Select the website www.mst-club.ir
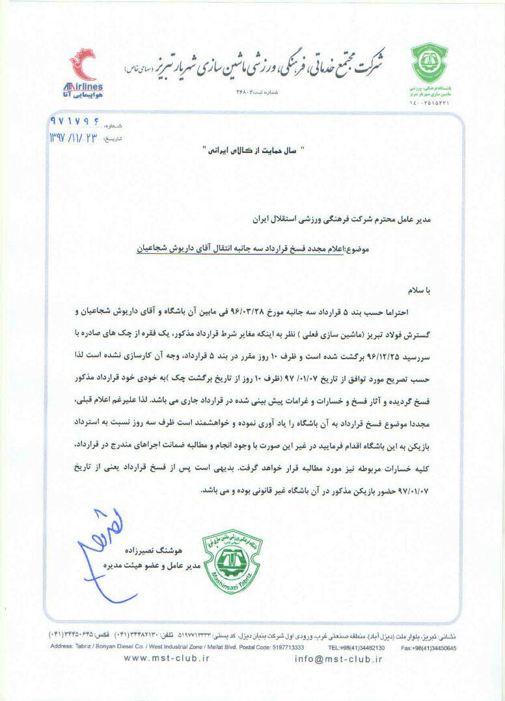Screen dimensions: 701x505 click(167, 659)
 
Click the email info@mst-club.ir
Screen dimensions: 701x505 click(338, 659)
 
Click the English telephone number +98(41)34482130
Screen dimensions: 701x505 click(357, 648)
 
